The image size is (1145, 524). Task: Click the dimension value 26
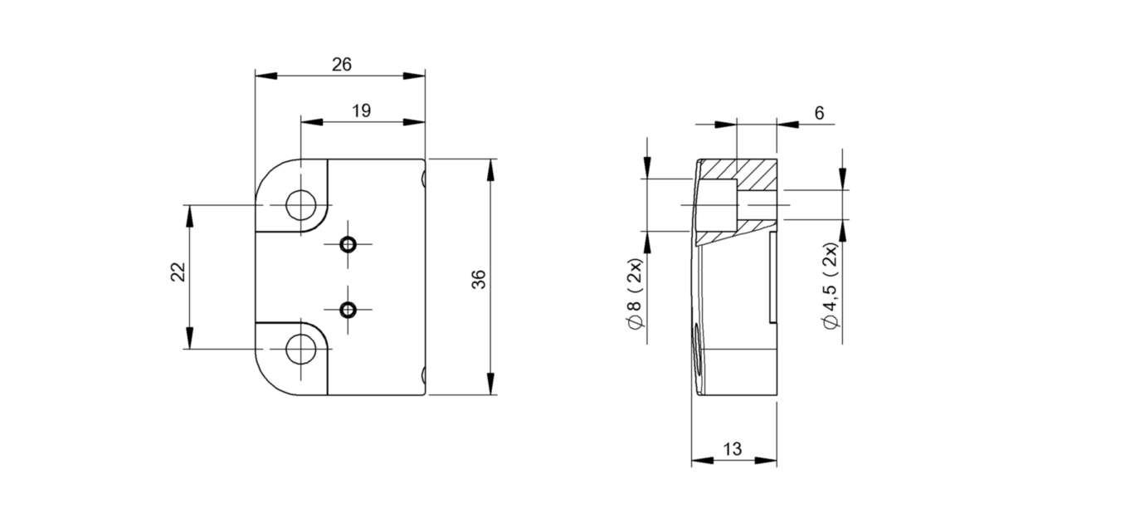pyautogui.click(x=342, y=65)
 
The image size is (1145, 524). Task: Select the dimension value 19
pyautogui.click(x=362, y=110)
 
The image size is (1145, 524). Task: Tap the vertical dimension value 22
pyautogui.click(x=178, y=272)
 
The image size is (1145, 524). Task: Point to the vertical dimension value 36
pyautogui.click(x=479, y=279)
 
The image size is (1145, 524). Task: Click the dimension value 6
pyautogui.click(x=819, y=113)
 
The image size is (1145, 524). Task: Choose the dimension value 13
pyautogui.click(x=732, y=449)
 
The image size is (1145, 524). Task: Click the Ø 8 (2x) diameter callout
pyautogui.click(x=635, y=294)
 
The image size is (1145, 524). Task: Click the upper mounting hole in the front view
pyautogui.click(x=301, y=204)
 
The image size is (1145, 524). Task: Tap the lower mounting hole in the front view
pyautogui.click(x=301, y=349)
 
